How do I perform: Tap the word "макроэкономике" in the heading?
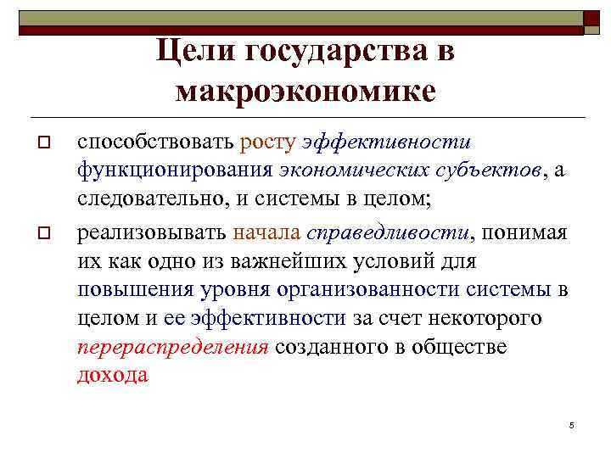305,90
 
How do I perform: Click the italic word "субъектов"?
494,170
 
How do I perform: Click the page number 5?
572,424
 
